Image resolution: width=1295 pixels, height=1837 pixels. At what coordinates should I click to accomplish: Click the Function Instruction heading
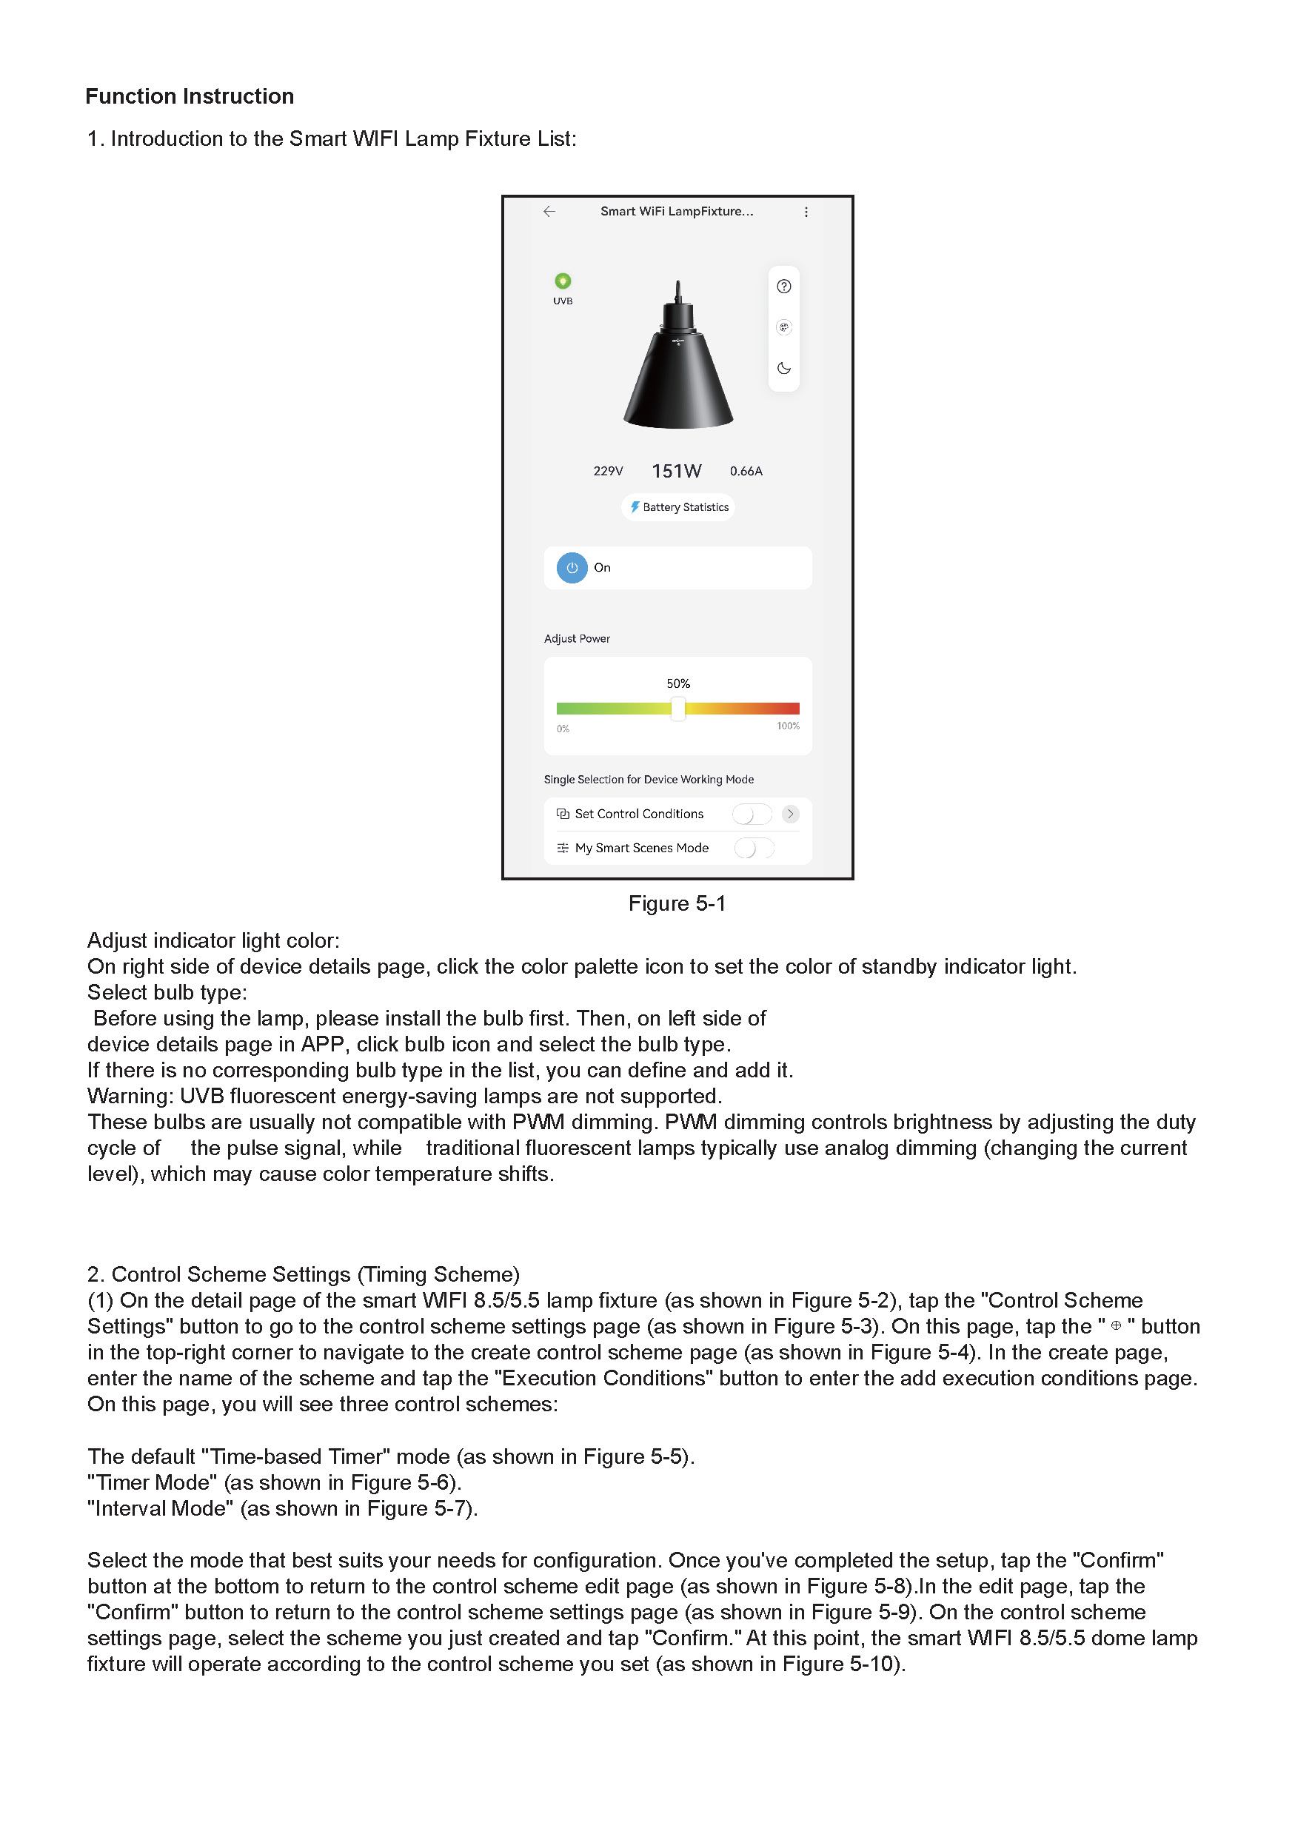pyautogui.click(x=190, y=96)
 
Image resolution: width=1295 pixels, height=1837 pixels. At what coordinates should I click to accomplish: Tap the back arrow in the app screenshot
pyautogui.click(x=549, y=211)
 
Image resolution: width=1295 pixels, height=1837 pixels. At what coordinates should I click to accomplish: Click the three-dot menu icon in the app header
pyautogui.click(x=806, y=212)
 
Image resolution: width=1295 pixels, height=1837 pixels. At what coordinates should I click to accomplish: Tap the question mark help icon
pyautogui.click(x=784, y=287)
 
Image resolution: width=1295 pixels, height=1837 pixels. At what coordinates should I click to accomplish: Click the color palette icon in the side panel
pyautogui.click(x=784, y=327)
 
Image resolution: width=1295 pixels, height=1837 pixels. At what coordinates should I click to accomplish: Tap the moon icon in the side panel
pyautogui.click(x=784, y=369)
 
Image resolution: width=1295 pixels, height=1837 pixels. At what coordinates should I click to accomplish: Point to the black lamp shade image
pyautogui.click(x=678, y=368)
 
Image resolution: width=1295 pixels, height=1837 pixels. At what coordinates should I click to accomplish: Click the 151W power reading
pyautogui.click(x=677, y=471)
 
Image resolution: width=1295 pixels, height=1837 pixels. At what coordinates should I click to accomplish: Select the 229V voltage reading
pyautogui.click(x=608, y=471)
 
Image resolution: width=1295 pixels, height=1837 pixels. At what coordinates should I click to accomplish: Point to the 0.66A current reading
pyautogui.click(x=746, y=471)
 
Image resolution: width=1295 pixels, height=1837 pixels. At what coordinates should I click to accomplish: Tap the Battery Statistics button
pyautogui.click(x=678, y=507)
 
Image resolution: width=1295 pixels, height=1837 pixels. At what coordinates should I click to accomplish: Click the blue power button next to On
pyautogui.click(x=572, y=568)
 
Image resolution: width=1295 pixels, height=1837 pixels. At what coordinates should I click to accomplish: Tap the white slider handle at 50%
pyautogui.click(x=678, y=709)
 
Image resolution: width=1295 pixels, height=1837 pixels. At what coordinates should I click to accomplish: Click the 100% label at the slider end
pyautogui.click(x=788, y=726)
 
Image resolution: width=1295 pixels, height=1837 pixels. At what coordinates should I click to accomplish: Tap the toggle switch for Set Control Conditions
pyautogui.click(x=751, y=814)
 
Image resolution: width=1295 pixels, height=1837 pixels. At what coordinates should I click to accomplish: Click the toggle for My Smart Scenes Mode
pyautogui.click(x=754, y=848)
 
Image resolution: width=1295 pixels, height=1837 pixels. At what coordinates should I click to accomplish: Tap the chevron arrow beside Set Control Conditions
pyautogui.click(x=790, y=814)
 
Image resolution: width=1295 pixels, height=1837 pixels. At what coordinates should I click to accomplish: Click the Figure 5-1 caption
pyautogui.click(x=677, y=904)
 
